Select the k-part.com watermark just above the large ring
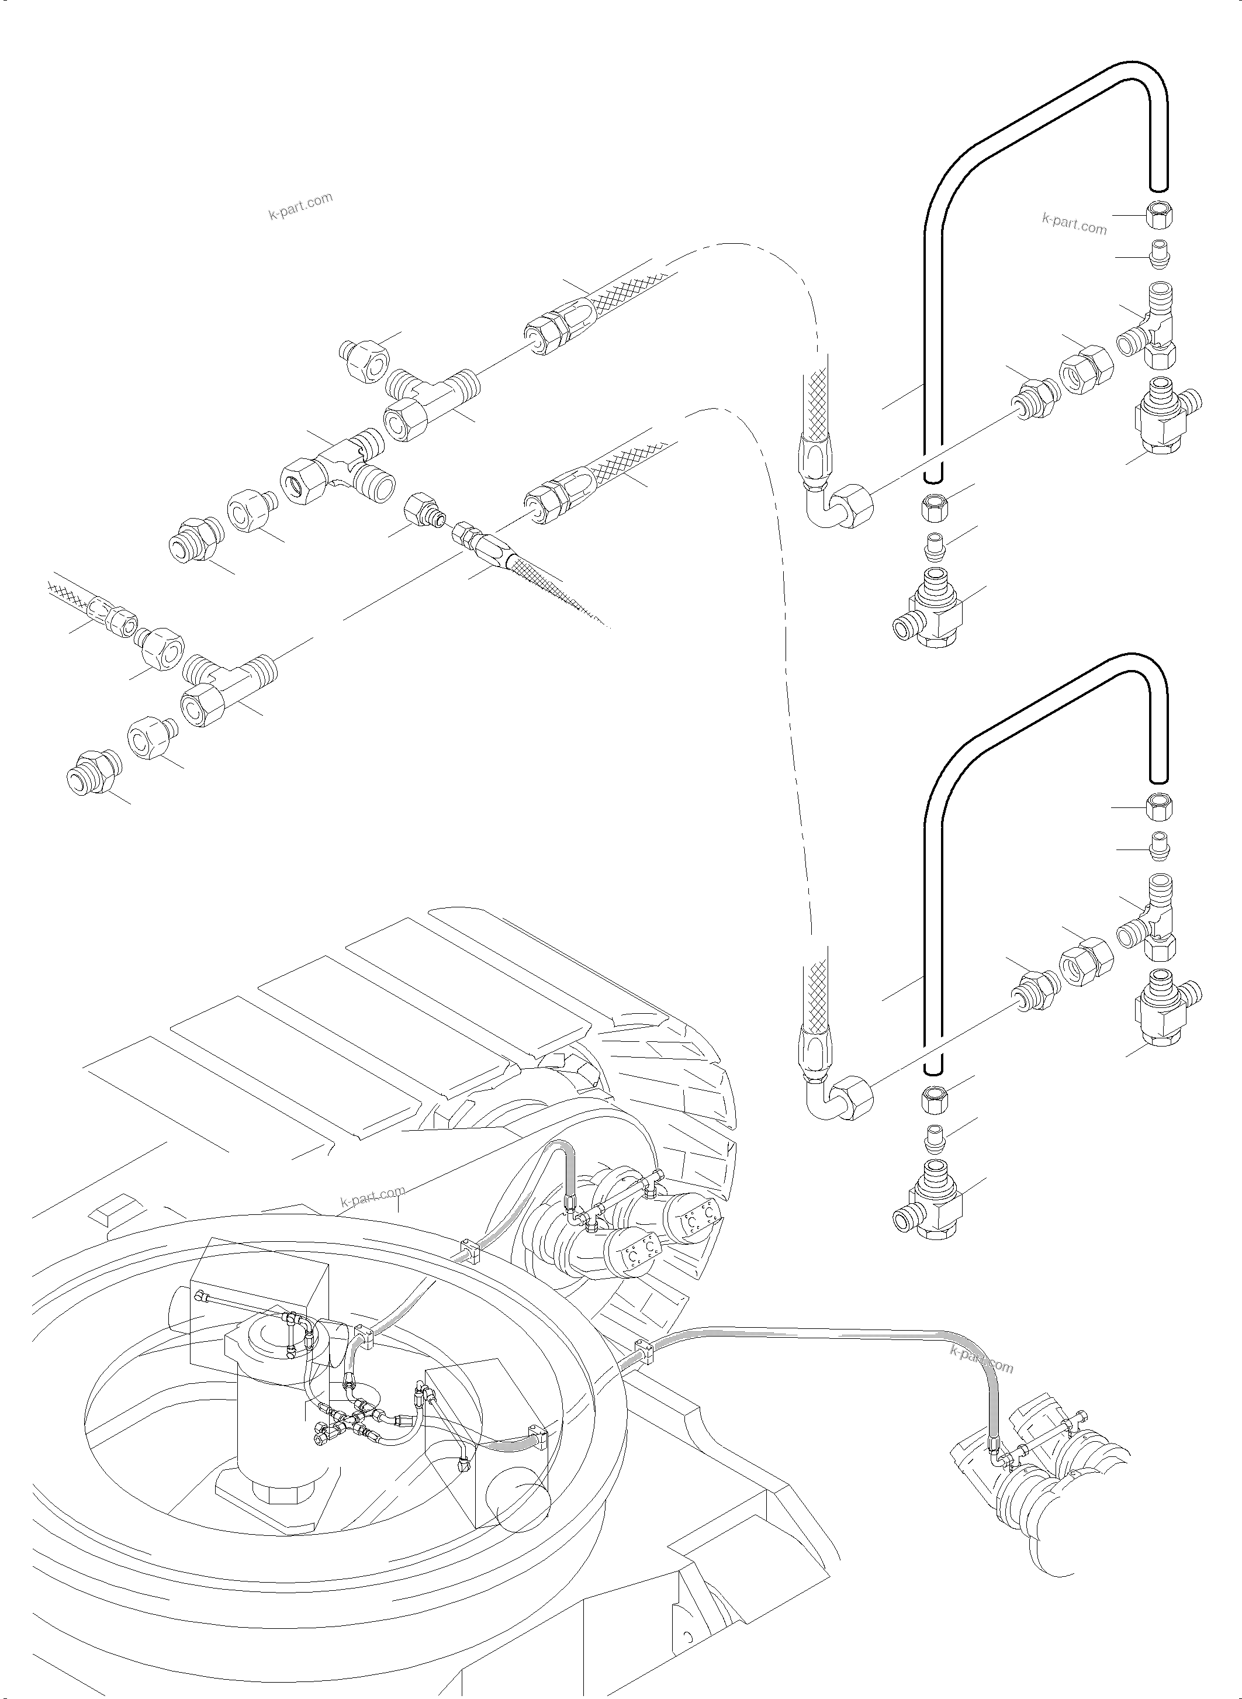(x=373, y=1194)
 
